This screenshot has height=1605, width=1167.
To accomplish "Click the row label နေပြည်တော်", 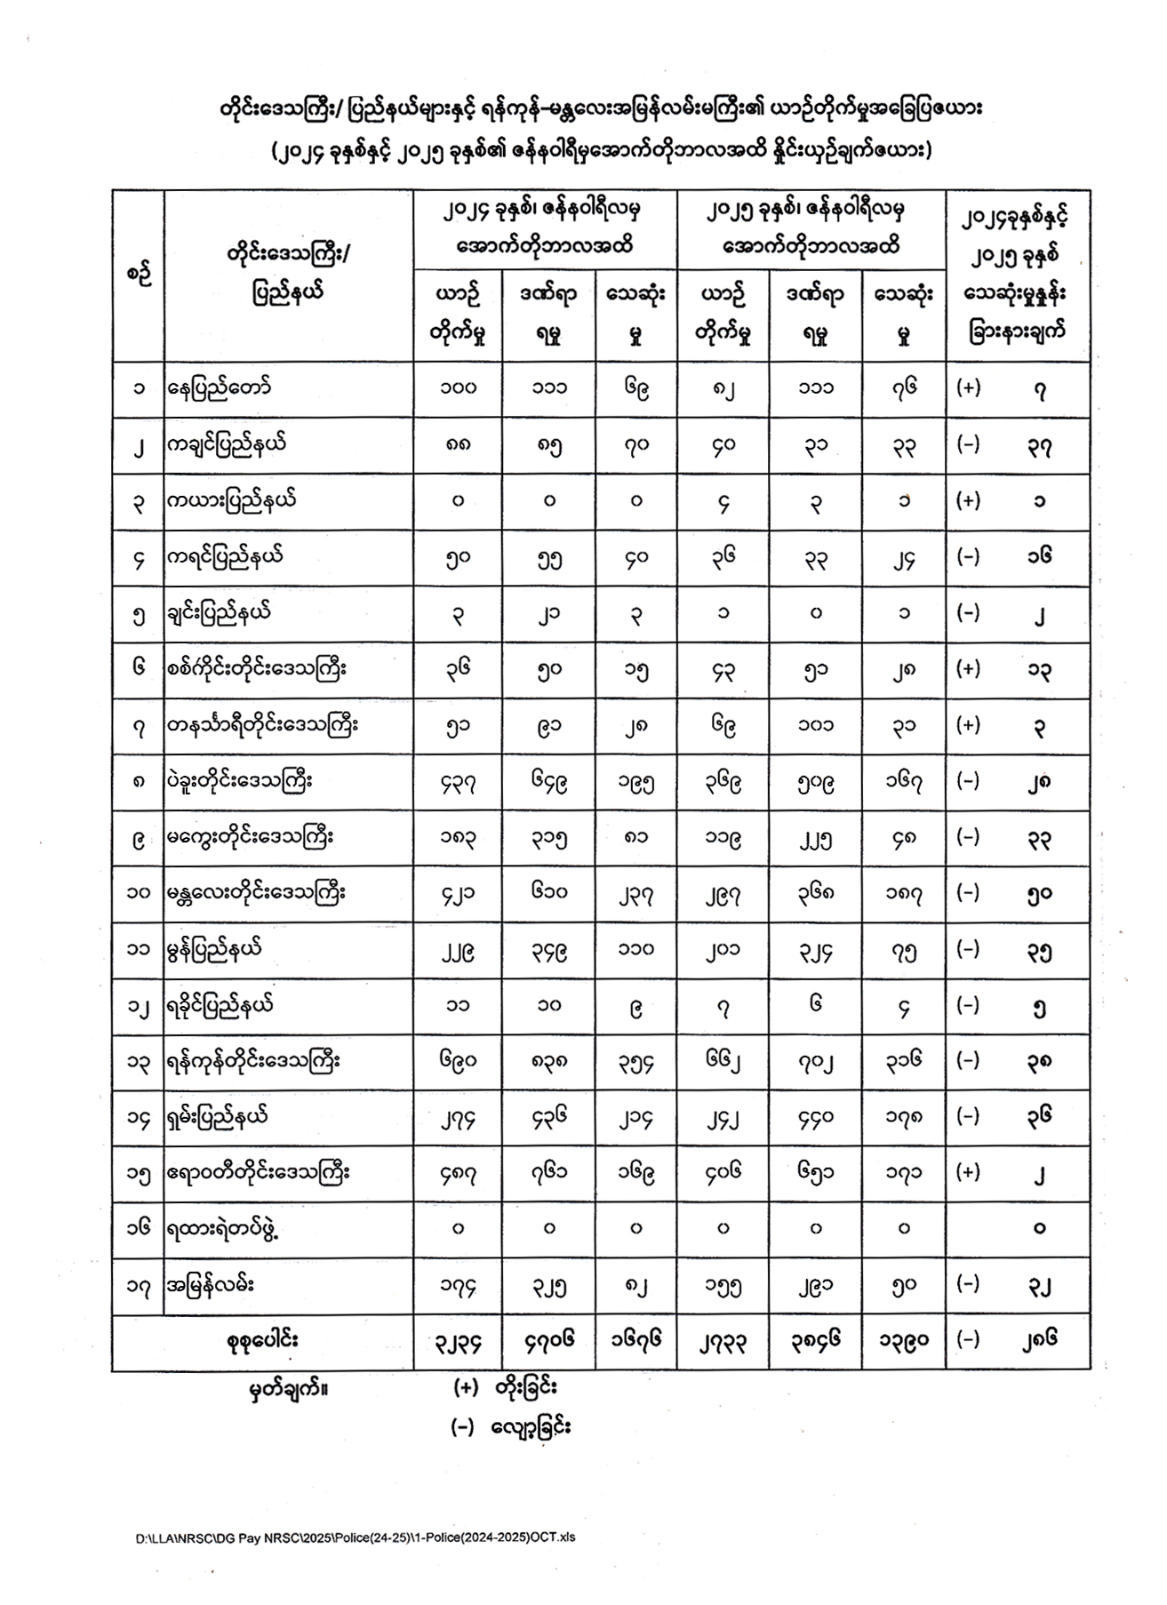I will point(219,388).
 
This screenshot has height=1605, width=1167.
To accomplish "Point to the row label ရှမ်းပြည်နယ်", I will point(217,1117).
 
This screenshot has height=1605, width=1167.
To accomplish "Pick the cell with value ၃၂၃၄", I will point(458,1341).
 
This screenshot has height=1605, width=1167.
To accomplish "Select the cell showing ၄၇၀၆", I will point(548,1341).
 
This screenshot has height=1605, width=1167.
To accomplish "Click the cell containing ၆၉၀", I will point(458,1061).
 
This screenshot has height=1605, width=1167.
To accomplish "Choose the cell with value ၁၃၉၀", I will point(903,1341).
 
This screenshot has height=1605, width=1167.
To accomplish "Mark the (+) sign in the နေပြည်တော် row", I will point(968,388).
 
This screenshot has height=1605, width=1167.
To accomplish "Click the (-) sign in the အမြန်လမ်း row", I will point(968,1284).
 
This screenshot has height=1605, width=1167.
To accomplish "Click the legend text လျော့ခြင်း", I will point(535,1427).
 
